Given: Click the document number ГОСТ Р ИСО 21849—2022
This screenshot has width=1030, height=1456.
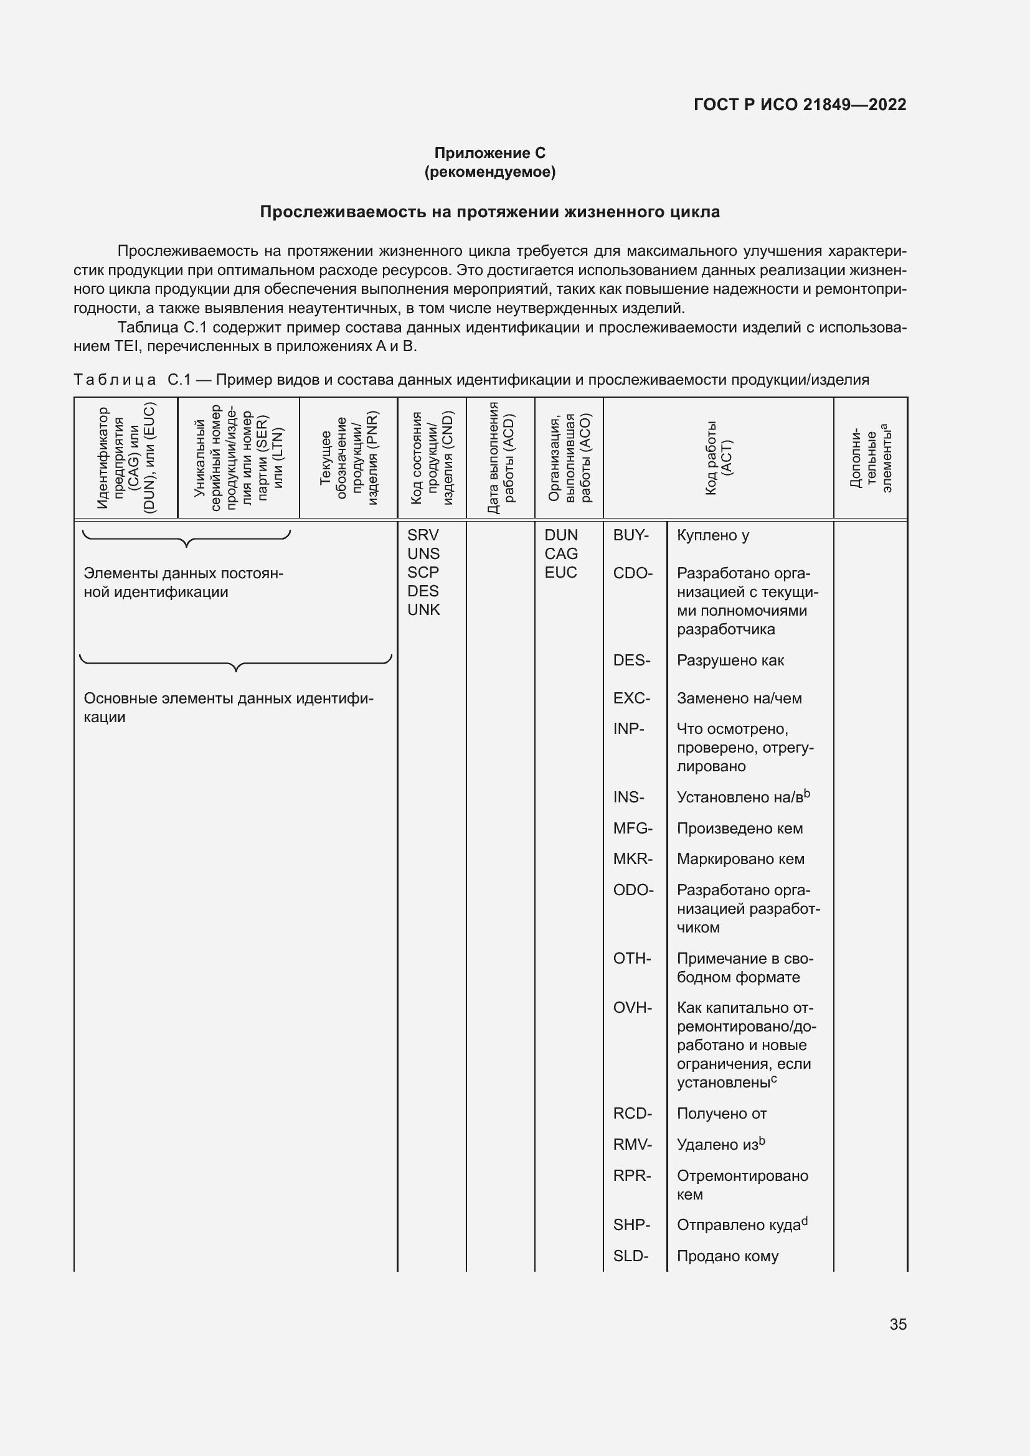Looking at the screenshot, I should [800, 105].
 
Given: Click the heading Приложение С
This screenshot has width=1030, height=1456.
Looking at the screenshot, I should [489, 153].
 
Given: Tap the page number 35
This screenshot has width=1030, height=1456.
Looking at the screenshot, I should [898, 1325].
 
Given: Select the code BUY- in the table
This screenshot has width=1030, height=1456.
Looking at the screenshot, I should [631, 535].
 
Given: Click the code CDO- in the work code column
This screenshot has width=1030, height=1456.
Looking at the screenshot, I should [632, 573].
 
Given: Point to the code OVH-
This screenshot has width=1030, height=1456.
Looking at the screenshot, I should [632, 1008].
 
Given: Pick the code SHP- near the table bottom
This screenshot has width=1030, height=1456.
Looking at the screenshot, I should [631, 1225].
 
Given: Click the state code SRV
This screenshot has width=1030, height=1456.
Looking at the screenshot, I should [423, 535].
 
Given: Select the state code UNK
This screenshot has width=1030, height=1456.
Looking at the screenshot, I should [423, 609].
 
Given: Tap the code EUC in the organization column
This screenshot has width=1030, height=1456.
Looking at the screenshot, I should [560, 573].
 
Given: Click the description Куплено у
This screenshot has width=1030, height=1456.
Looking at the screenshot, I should [713, 535].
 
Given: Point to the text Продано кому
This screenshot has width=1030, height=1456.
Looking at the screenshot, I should [727, 1256].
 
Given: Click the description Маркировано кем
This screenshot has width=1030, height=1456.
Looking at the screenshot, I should [740, 859].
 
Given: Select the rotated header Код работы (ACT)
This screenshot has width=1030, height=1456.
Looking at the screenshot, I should [718, 458].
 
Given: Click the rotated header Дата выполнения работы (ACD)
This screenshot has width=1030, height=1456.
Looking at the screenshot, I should [501, 458].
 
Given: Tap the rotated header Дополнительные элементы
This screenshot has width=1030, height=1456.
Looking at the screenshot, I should [870, 458].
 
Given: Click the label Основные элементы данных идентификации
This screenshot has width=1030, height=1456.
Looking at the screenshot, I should [229, 708].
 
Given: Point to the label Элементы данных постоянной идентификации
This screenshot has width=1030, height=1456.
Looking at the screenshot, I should [182, 583].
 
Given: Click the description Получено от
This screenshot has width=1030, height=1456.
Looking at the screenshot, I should [722, 1114].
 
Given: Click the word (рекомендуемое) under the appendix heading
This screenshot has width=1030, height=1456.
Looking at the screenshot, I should [489, 172].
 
